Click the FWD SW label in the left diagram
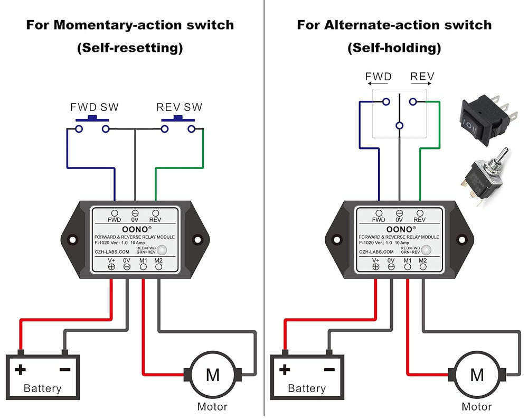[x=95, y=107]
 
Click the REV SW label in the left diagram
[x=179, y=107]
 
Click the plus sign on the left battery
[x=21, y=369]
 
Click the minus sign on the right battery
[x=329, y=369]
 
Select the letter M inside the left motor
[x=213, y=375]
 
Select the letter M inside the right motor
[x=477, y=375]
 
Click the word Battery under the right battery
[x=307, y=388]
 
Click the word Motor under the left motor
[x=212, y=406]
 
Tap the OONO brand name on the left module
[x=133, y=228]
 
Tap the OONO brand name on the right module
[x=397, y=228]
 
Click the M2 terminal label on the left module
[x=158, y=260]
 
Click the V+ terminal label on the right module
[x=375, y=260]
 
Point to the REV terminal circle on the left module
[x=155, y=212]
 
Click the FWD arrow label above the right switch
[x=379, y=77]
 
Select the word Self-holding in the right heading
[x=394, y=48]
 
